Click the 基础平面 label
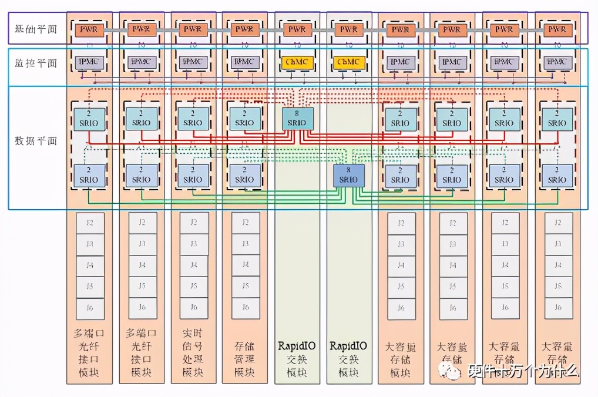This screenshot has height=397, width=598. (36, 28)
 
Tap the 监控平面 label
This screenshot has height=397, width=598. (36, 63)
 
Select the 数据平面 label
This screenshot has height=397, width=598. (36, 141)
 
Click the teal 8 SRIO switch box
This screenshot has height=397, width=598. (297, 118)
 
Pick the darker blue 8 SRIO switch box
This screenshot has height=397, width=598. (349, 175)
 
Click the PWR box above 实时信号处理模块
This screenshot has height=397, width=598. (193, 29)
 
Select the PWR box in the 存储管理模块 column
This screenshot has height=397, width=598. (245, 29)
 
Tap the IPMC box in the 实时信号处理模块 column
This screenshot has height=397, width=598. (193, 62)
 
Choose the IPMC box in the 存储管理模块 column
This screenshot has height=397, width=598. (245, 62)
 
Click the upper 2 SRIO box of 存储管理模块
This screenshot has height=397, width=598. (245, 118)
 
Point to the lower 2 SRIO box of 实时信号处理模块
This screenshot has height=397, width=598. (193, 175)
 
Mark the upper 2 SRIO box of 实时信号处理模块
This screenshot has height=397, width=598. (193, 118)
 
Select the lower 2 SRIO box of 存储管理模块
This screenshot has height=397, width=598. (245, 175)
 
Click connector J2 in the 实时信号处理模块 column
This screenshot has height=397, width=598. (194, 223)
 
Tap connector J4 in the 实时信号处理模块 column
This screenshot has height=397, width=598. (194, 265)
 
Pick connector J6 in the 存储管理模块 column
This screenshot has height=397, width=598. (246, 308)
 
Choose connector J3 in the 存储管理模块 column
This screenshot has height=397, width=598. (246, 244)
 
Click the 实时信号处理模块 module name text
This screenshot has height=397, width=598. (193, 352)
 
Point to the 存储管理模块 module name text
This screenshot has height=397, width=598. (245, 359)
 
